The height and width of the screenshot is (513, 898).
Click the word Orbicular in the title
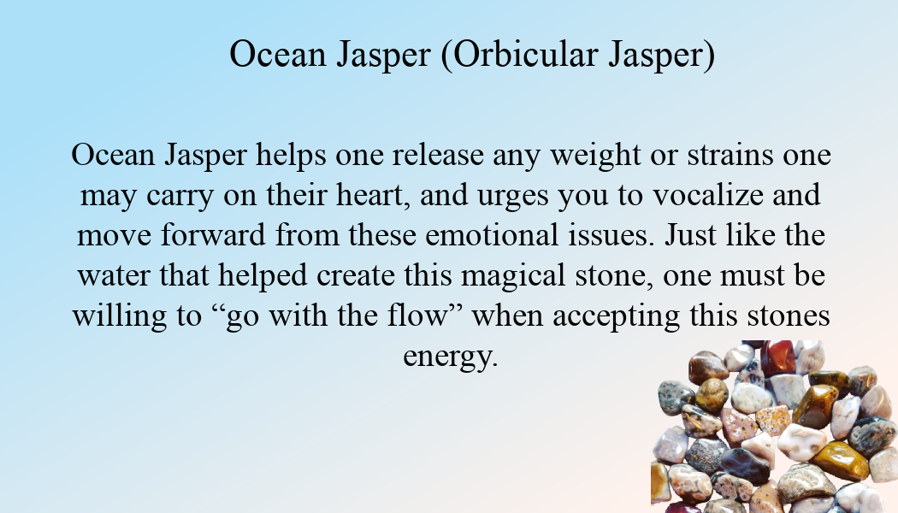pyautogui.click(x=526, y=56)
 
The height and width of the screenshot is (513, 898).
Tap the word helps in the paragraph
pyautogui.click(x=291, y=155)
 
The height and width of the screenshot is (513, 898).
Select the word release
pyautogui.click(x=438, y=155)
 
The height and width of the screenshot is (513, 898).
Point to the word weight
pyautogui.click(x=595, y=155)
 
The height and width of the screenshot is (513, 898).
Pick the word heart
pyautogui.click(x=373, y=195)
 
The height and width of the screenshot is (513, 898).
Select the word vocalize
pyautogui.click(x=708, y=195)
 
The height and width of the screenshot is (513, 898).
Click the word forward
pyautogui.click(x=213, y=235)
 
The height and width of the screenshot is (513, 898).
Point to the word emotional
pyautogui.click(x=492, y=235)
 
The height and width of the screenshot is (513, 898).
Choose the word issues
pyautogui.click(x=611, y=235)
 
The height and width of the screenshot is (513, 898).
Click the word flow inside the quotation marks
pyautogui.click(x=417, y=315)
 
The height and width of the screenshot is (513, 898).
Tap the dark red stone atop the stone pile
pyautogui.click(x=777, y=358)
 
